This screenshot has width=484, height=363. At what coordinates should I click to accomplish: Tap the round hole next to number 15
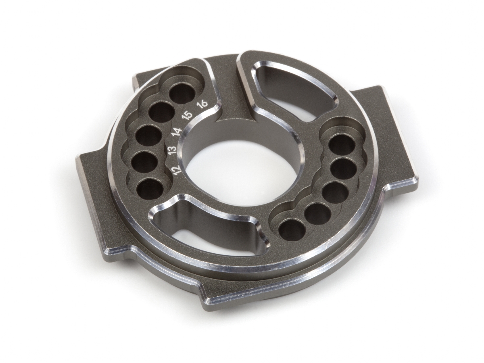161,113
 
